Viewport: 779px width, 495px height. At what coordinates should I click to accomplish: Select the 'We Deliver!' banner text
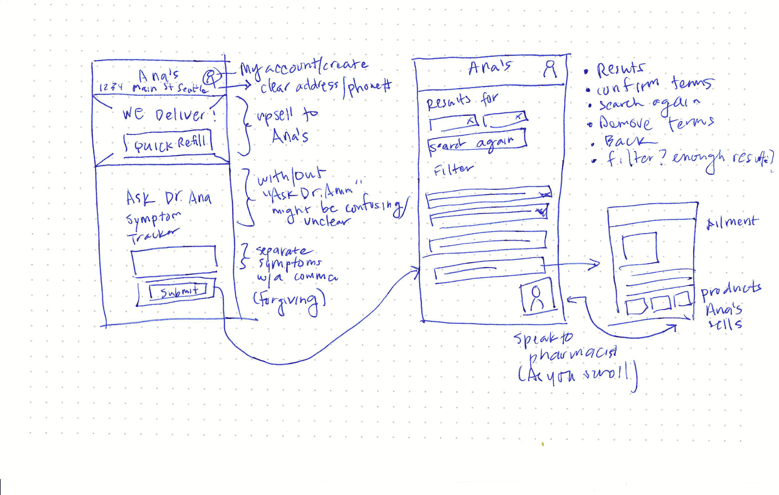point(169,115)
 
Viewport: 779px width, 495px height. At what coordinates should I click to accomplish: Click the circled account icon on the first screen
point(211,77)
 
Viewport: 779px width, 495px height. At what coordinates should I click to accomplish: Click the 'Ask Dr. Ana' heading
point(169,198)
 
